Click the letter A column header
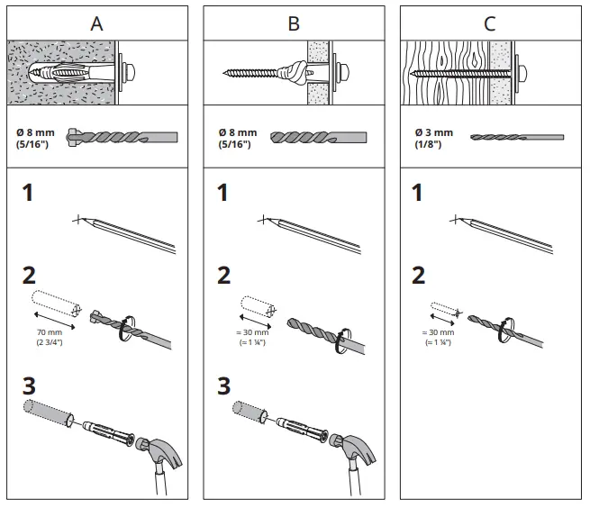97,24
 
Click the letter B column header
294,24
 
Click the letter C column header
489,24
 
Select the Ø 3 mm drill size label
432,138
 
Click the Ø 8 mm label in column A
35,138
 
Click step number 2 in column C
418,276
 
